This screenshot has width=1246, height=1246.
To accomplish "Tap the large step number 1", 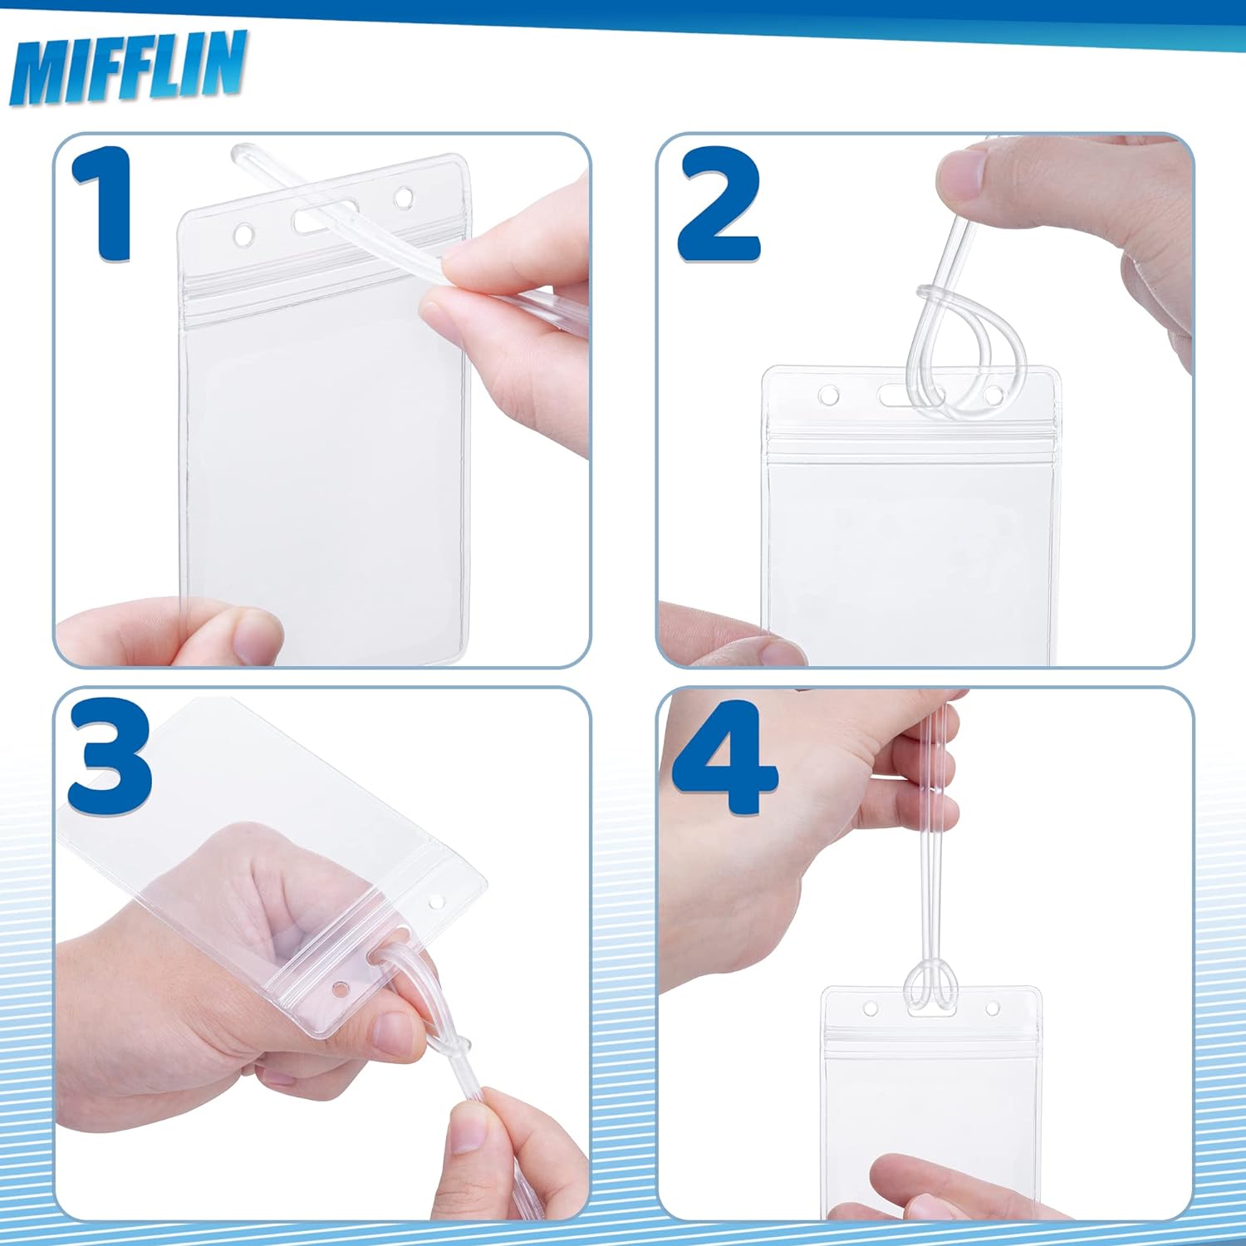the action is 103,204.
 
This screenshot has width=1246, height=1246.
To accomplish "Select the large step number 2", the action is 719,204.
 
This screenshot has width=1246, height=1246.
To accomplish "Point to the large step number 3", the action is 110,756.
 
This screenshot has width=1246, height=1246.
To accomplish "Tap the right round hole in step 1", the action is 404,199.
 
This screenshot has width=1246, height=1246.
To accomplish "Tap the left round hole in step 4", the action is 871,1009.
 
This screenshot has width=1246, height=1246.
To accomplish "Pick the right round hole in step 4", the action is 992,1008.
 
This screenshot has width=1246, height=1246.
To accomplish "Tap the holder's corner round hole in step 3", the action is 436,901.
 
